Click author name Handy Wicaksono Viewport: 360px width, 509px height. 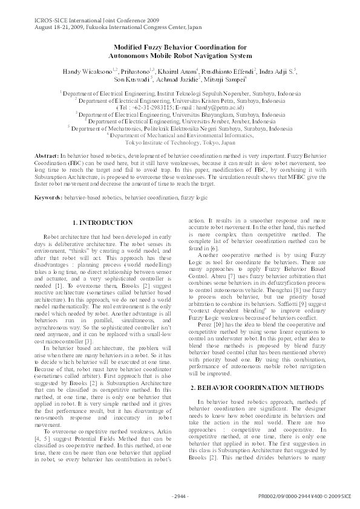point(84,71)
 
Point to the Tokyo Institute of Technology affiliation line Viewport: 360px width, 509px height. point(180,143)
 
